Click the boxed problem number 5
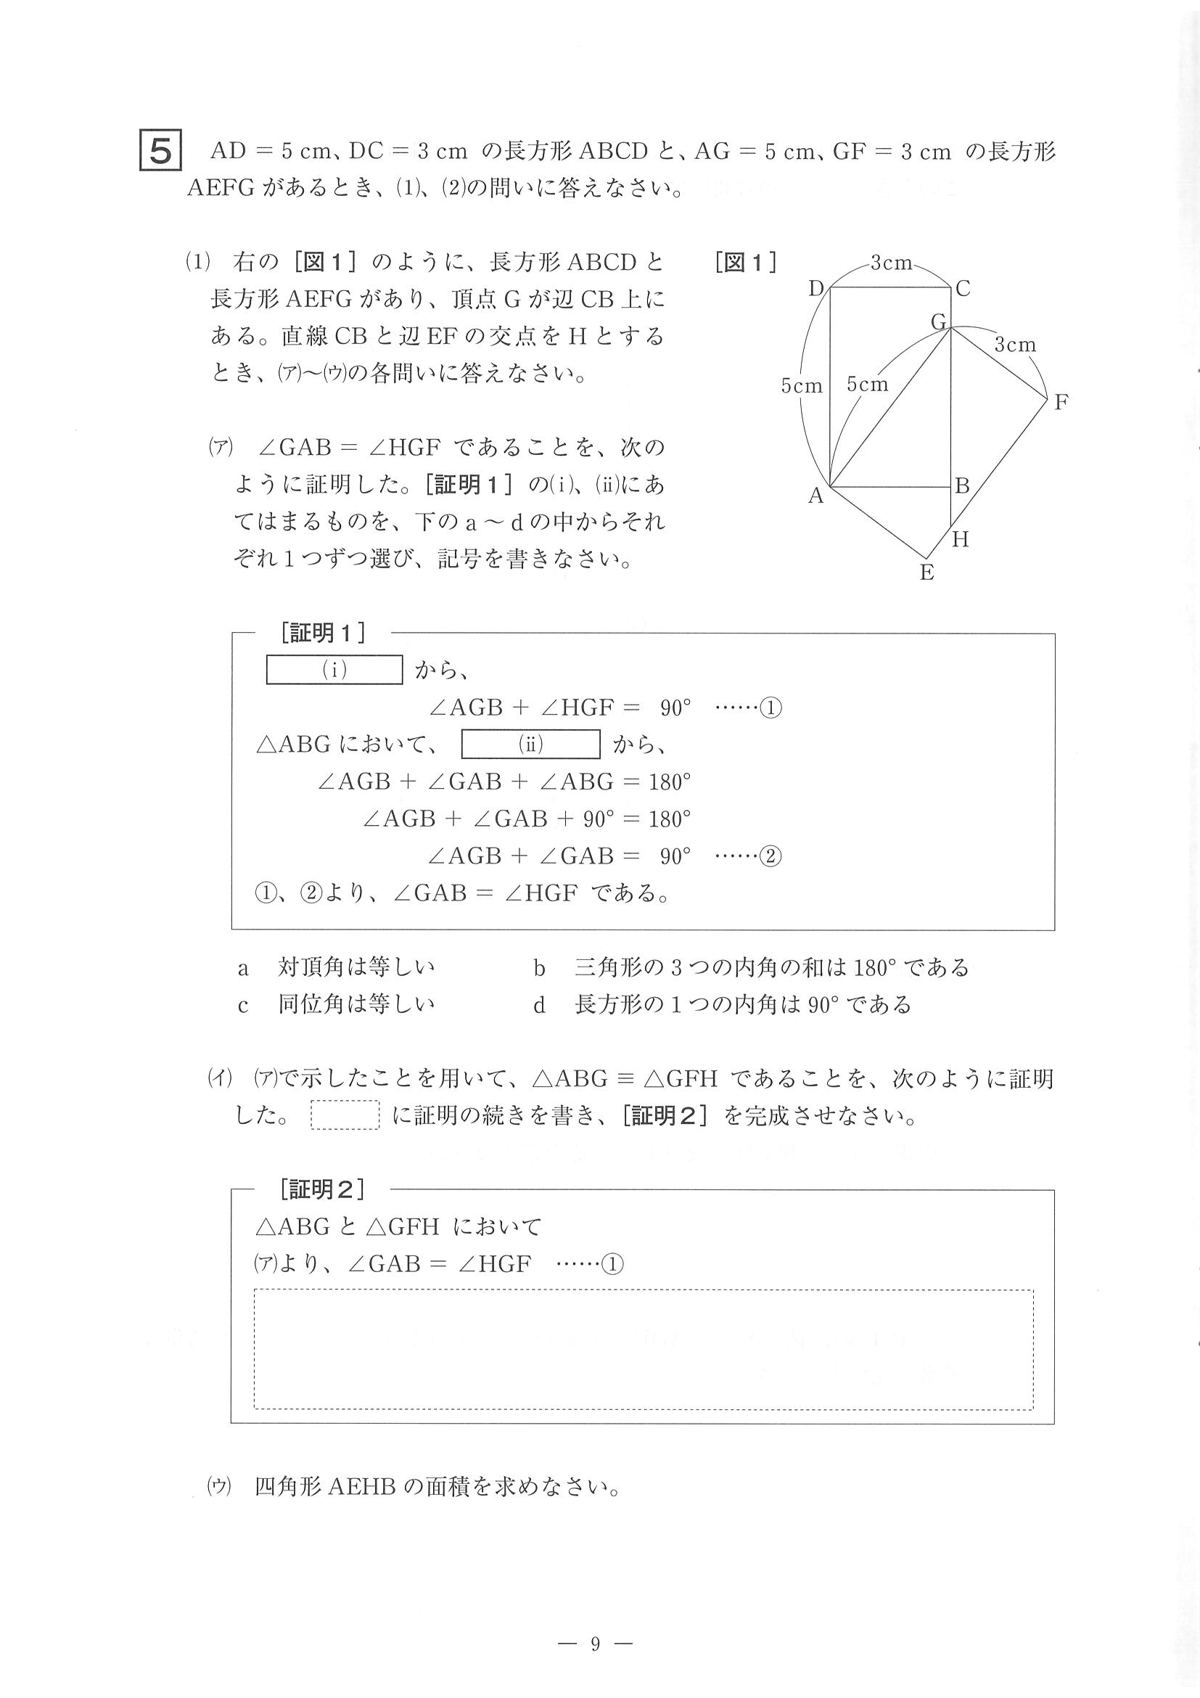click(160, 151)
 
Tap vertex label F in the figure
click(1061, 402)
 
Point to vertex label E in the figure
click(926, 573)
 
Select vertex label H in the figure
click(960, 540)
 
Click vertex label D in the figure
click(816, 288)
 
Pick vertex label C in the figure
click(962, 288)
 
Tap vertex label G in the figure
click(938, 322)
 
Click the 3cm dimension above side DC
click(891, 263)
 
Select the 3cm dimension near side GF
click(1014, 345)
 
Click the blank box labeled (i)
click(334, 670)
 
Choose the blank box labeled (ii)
click(530, 744)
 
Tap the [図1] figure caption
click(745, 263)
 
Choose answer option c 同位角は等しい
click(337, 1004)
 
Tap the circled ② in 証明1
click(770, 856)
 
